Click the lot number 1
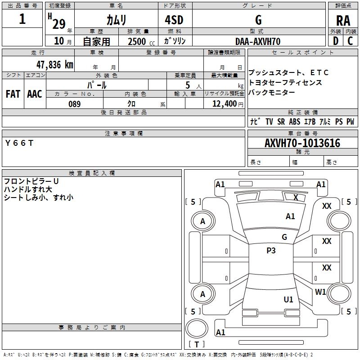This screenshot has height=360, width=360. (22, 19)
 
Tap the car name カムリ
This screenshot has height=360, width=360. (116, 20)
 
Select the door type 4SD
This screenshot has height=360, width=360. (175, 20)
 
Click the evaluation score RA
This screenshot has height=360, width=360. (343, 21)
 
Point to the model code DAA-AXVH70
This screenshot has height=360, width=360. (258, 41)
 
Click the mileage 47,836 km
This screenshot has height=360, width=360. (50, 64)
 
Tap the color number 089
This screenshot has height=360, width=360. (74, 104)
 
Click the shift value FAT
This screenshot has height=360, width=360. (13, 94)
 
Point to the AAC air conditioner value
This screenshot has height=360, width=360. (34, 94)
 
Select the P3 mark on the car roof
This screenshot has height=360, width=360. (271, 251)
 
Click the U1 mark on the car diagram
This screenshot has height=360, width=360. (288, 299)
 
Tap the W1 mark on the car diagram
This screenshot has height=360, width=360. (320, 292)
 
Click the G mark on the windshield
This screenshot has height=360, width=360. (284, 237)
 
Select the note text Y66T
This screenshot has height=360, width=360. (19, 143)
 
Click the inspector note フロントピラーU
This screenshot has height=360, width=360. (31, 181)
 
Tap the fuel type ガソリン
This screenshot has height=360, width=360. (175, 41)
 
